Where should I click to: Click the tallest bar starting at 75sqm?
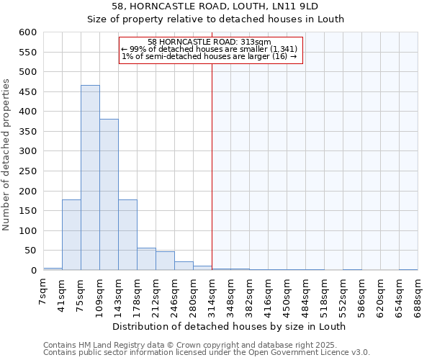pos(90,178)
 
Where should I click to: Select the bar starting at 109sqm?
pos(109,194)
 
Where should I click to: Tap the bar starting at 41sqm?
pos(71,235)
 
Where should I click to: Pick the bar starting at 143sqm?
pos(127,235)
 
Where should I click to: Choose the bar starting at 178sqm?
pos(146,259)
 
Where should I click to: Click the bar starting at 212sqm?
pos(165,261)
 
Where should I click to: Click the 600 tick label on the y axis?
pos(27,32)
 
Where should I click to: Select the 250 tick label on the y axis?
pos(27,171)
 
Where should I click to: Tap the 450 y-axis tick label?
pos(27,92)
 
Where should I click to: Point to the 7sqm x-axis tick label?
pos(43,292)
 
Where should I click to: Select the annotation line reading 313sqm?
pos(209,42)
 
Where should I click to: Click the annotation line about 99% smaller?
pos(209,48)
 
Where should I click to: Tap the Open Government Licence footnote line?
pos(207,352)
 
